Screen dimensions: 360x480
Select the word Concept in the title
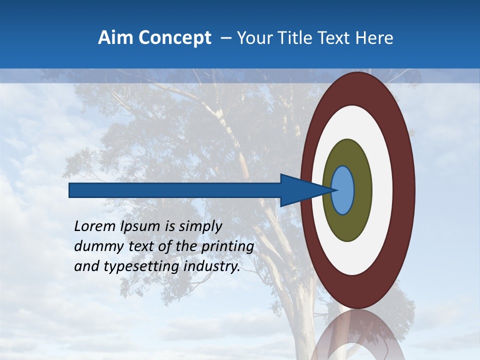(175, 38)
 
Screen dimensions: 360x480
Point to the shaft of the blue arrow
(175, 190)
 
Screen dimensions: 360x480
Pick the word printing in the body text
(227, 247)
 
